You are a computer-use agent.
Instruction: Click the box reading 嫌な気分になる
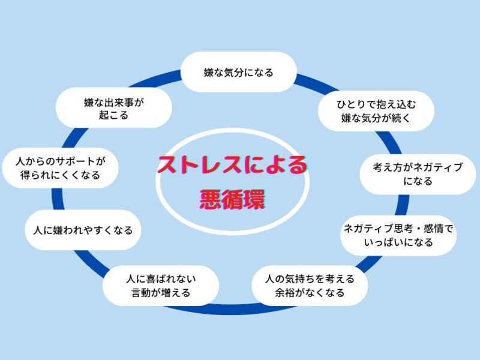(238, 73)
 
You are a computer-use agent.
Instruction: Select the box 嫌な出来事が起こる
(114, 109)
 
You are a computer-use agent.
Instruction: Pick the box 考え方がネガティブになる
(418, 174)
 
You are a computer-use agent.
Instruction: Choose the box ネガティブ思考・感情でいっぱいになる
(398, 236)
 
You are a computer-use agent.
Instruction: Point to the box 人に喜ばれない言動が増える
(161, 286)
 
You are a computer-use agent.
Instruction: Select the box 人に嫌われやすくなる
(82, 230)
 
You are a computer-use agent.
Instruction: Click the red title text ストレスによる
(232, 164)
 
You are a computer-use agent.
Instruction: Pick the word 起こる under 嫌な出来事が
(114, 116)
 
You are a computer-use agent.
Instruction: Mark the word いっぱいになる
(398, 243)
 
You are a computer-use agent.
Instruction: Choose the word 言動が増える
(161, 293)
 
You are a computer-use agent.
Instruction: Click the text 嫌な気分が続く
(376, 118)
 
